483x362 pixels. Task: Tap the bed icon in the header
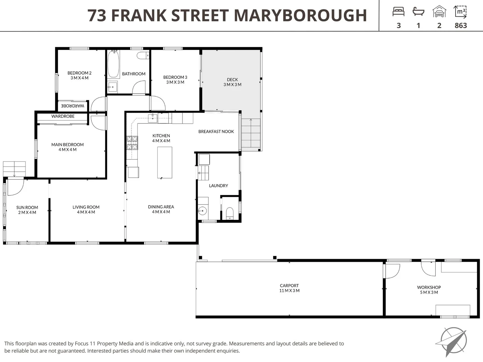click(x=398, y=12)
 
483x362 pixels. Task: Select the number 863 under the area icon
click(x=461, y=25)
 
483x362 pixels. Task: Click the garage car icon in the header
click(x=439, y=12)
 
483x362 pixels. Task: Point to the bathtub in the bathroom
click(x=113, y=64)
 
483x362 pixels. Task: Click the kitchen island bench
click(x=165, y=163)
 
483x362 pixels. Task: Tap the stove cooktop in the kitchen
click(x=132, y=143)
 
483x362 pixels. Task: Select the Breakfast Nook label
click(x=216, y=131)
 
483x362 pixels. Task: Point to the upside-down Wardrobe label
click(x=72, y=106)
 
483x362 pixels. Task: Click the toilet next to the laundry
click(x=230, y=213)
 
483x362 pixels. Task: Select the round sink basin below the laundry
click(x=202, y=211)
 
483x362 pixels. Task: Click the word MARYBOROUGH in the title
click(x=300, y=15)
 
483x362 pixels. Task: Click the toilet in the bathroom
click(x=143, y=56)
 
